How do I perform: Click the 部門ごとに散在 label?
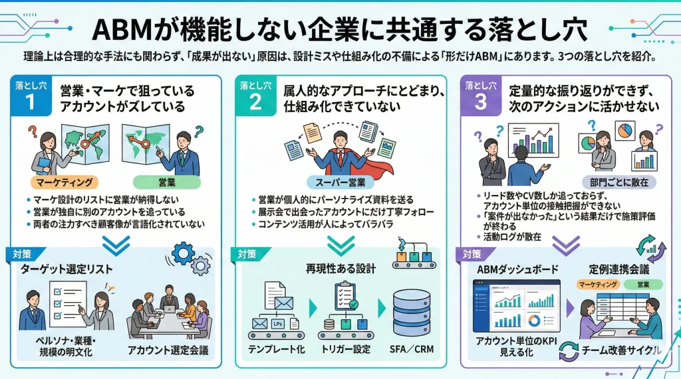[619, 181]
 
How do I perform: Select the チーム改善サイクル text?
[621, 350]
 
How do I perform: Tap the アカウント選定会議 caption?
[168, 350]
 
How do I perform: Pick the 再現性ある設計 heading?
[340, 269]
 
